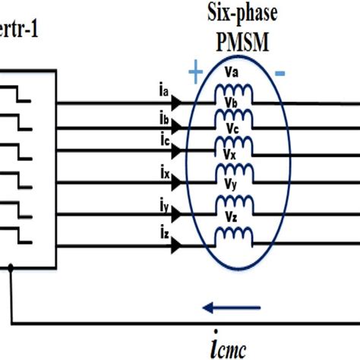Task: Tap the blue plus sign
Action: pos(195,73)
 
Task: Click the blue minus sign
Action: pos(279,73)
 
